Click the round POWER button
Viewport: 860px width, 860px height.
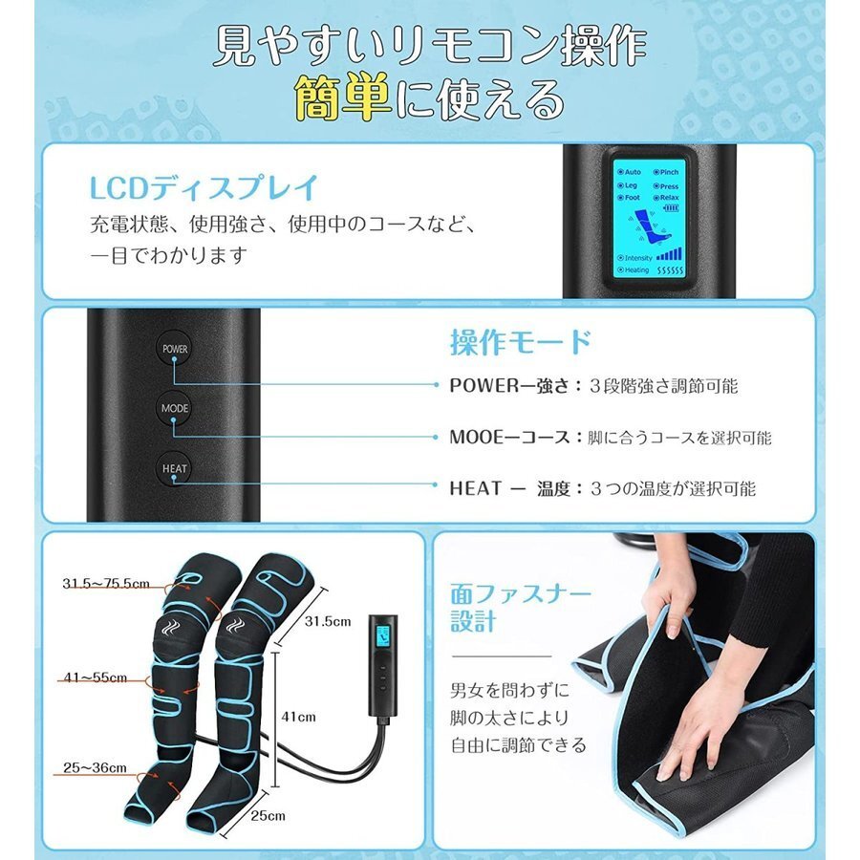point(175,349)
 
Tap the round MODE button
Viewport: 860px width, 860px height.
point(175,408)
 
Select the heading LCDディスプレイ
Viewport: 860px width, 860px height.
point(203,186)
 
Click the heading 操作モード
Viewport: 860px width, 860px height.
point(520,342)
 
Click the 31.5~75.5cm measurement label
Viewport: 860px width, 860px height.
point(106,583)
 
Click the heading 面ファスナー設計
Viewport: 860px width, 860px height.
point(521,607)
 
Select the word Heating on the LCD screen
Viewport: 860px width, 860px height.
point(636,270)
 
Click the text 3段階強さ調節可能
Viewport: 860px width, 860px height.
point(664,386)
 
